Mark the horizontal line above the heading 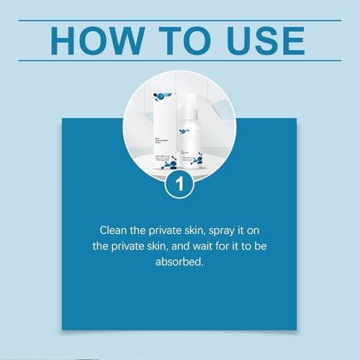coord(180,20)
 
